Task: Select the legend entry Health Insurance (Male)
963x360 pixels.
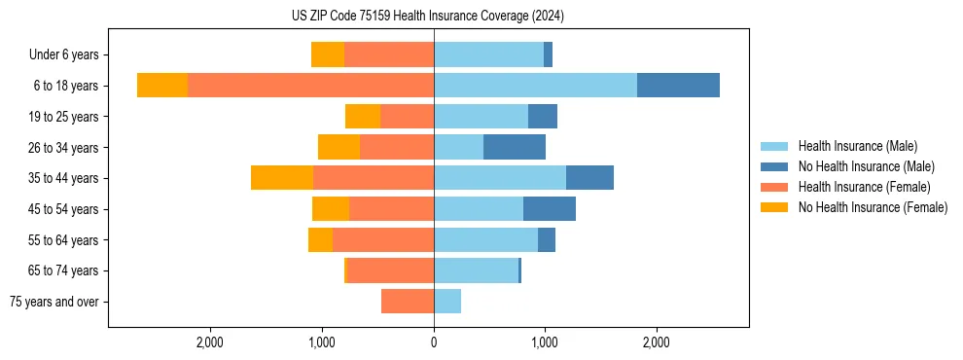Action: point(856,146)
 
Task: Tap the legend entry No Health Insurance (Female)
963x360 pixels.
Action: point(873,207)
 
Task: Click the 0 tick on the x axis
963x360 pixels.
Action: point(434,342)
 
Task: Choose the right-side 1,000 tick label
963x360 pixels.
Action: point(545,342)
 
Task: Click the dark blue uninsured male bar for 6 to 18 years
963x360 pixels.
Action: point(678,86)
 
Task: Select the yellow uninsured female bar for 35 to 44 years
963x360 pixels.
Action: point(282,178)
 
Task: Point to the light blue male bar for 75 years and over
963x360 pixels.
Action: point(447,302)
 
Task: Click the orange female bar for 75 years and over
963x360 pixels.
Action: point(408,302)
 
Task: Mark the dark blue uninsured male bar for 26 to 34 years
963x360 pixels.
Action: point(515,147)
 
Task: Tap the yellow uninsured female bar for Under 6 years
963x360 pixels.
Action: point(328,55)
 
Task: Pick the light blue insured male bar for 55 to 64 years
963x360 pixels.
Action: point(485,239)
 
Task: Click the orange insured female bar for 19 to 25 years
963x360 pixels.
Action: point(407,117)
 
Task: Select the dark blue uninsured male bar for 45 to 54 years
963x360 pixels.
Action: point(550,209)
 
